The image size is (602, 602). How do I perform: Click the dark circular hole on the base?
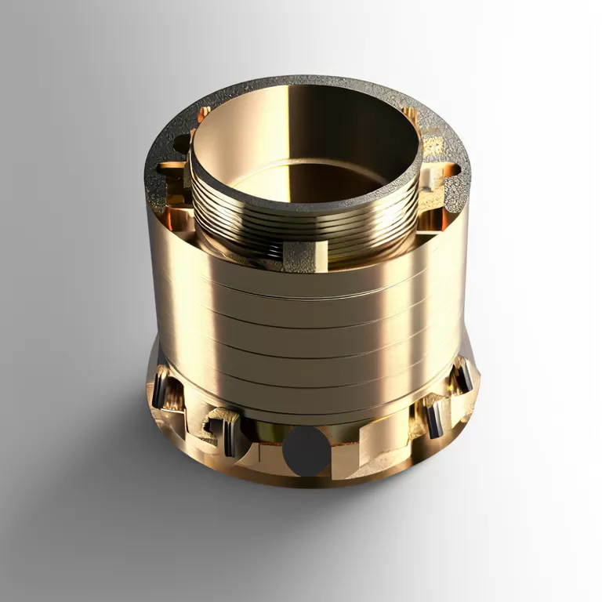coord(306,451)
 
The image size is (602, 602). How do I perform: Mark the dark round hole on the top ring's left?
coord(181,144)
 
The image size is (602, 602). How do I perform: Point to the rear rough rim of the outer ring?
coord(314,81)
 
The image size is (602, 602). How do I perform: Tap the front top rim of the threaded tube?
coord(306,205)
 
